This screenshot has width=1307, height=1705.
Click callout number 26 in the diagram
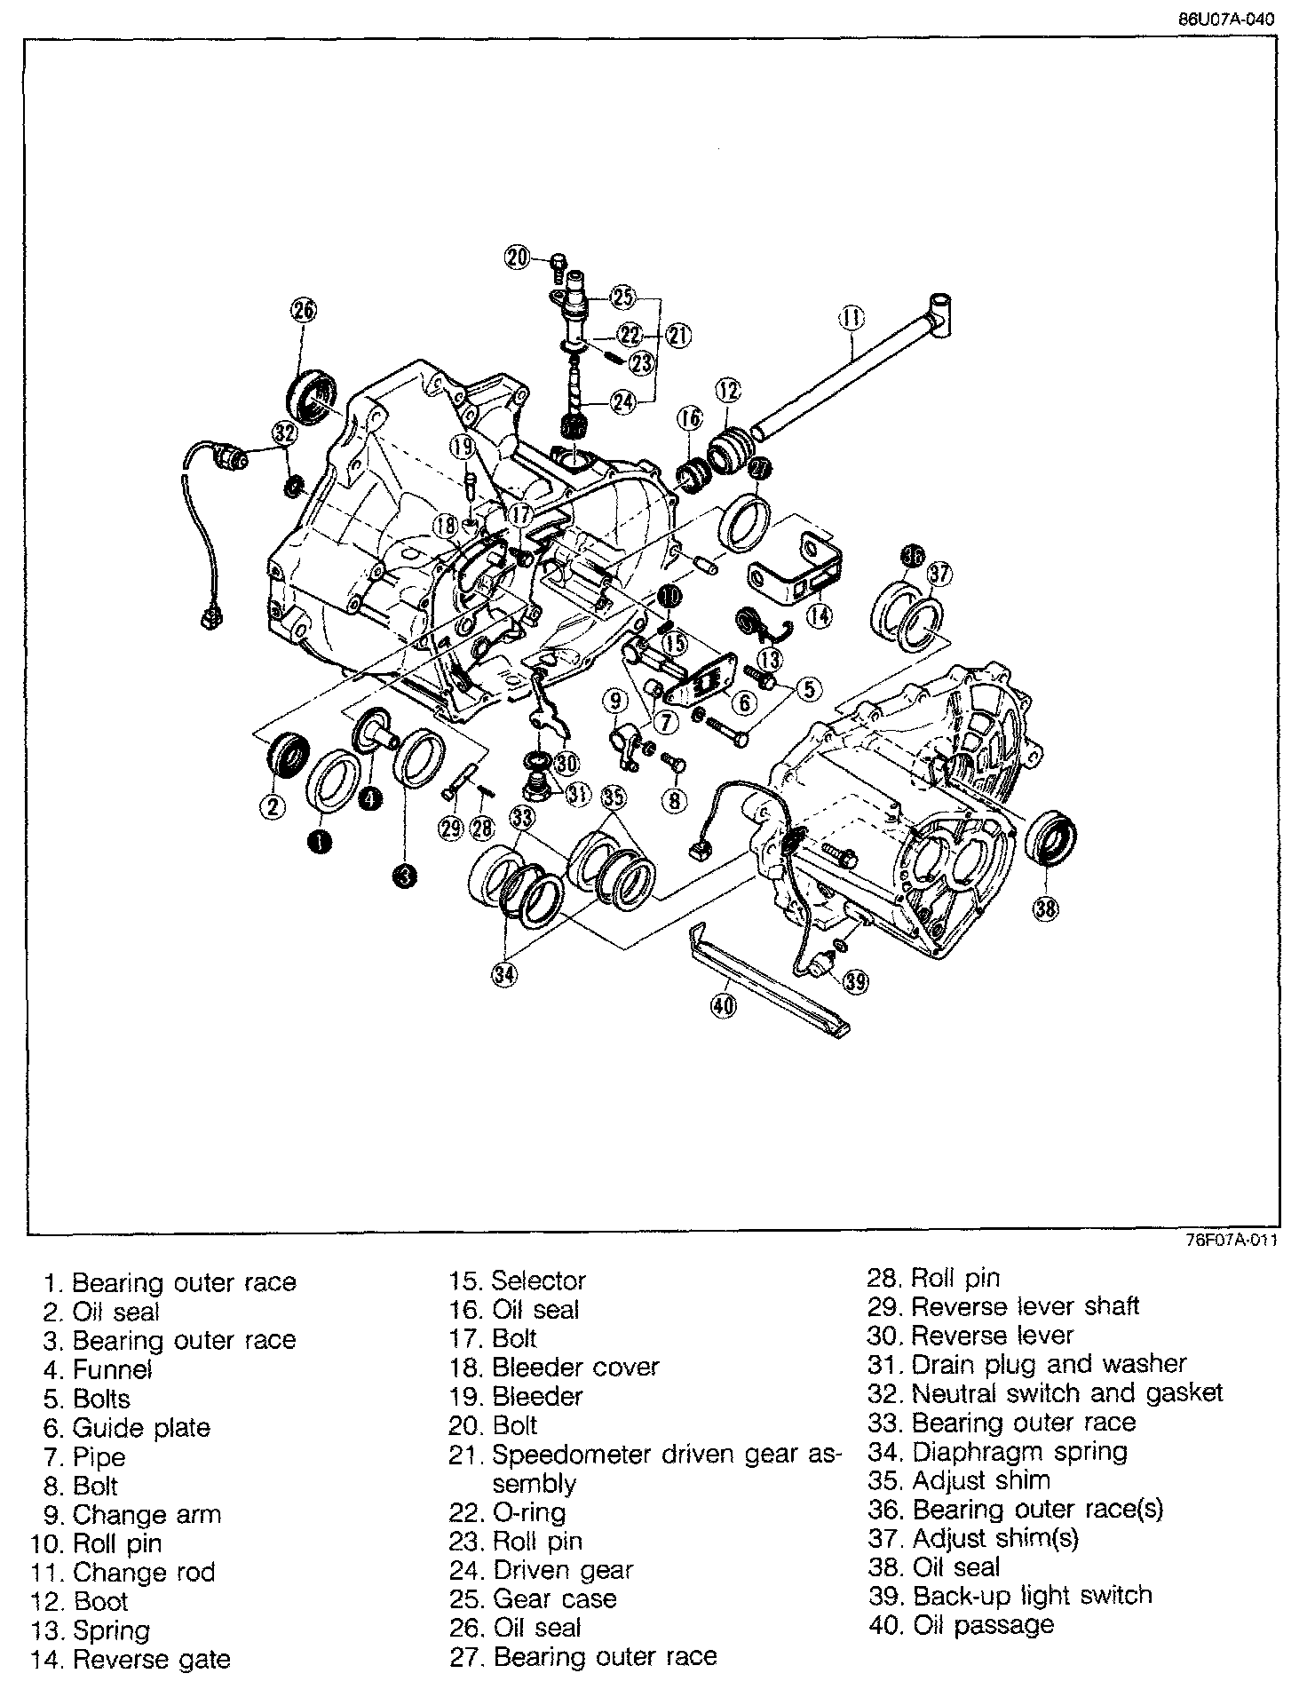click(x=303, y=310)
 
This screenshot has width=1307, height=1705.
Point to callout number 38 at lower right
click(x=1046, y=907)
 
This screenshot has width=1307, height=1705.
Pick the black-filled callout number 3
click(x=404, y=877)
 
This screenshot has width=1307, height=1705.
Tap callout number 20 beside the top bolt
click(x=517, y=258)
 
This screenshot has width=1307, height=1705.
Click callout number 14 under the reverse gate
click(x=820, y=614)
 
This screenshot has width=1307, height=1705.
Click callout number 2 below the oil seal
click(x=273, y=806)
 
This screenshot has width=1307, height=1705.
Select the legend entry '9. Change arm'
click(x=132, y=1514)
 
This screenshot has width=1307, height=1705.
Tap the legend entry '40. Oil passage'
click(x=962, y=1624)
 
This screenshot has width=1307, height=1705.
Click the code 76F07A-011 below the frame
click(x=1229, y=1241)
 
